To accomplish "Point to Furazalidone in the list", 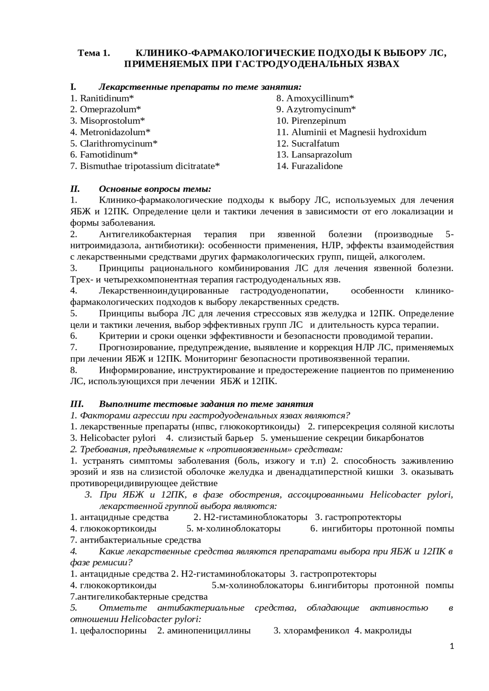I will coord(317,166).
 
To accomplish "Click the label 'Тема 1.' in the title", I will coord(94,53).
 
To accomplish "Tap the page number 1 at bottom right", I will coord(452,646).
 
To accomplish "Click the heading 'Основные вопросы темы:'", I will coord(155,189).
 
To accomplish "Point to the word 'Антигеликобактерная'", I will coord(145,234).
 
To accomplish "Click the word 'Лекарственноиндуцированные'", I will coord(164,291).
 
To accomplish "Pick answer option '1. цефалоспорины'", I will coord(108,631).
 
